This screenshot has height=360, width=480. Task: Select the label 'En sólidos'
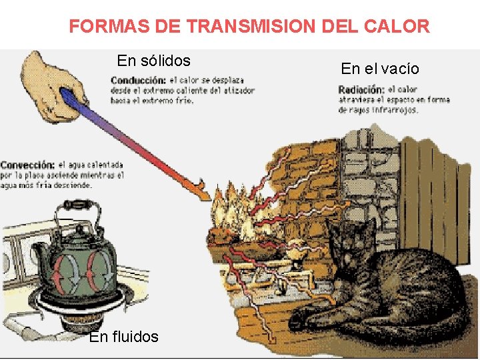click(153, 61)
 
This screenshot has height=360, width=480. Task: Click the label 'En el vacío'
click(380, 68)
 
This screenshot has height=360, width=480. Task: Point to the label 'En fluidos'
click(124, 337)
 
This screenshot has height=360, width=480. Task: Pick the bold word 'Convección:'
click(27, 165)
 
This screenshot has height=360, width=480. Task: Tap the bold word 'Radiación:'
click(361, 90)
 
